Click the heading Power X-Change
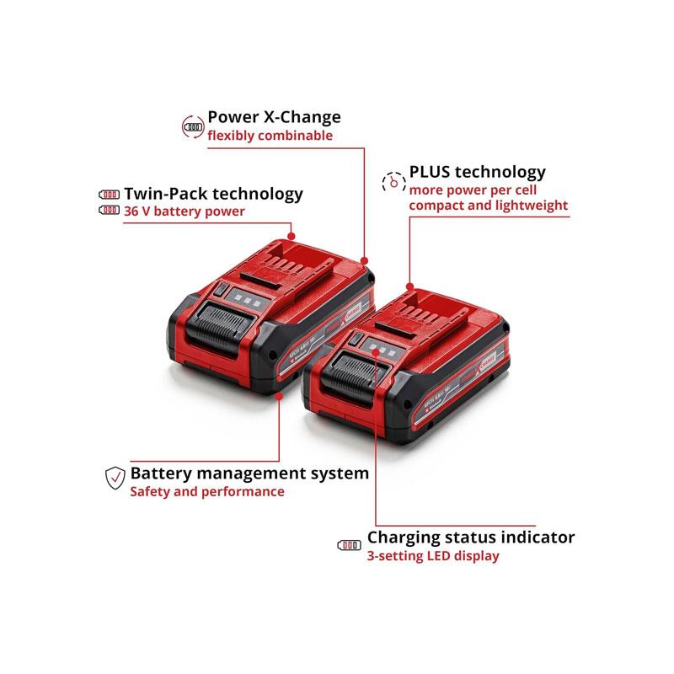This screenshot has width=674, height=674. (x=274, y=117)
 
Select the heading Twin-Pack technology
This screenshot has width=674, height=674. (x=213, y=193)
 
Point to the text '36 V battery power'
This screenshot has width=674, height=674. (x=185, y=211)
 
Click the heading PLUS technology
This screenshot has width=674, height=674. (x=477, y=172)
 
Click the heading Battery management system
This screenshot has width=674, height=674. (x=249, y=473)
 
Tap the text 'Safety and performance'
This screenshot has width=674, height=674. (x=206, y=491)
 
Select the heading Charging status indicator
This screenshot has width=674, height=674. (x=471, y=537)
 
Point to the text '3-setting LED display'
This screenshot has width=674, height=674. (x=432, y=556)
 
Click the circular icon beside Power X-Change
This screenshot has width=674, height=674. (x=194, y=126)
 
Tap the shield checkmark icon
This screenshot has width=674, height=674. (x=114, y=478)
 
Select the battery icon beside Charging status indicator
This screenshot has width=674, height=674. (x=348, y=545)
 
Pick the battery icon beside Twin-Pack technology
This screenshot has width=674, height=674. (x=110, y=193)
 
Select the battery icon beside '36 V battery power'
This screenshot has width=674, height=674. (x=110, y=211)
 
